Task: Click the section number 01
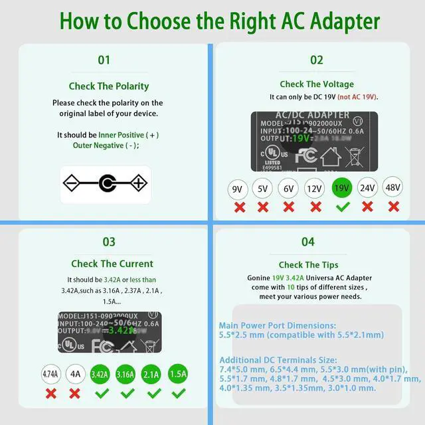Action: coord(104,60)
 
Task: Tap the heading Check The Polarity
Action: coord(109,86)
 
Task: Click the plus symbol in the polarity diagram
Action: coord(138,183)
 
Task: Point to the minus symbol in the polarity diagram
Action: coord(72,183)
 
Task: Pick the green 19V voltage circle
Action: coord(342,189)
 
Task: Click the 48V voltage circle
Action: coord(393,189)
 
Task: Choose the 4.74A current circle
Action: coord(51,375)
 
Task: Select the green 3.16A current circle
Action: coord(126,375)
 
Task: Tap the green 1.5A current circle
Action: coord(178,375)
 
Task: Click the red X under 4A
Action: coord(76,394)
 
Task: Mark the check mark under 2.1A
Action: coord(153,394)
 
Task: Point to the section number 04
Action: coord(307,242)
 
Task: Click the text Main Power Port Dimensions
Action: coord(278,325)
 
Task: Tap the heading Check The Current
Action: coord(112,264)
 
